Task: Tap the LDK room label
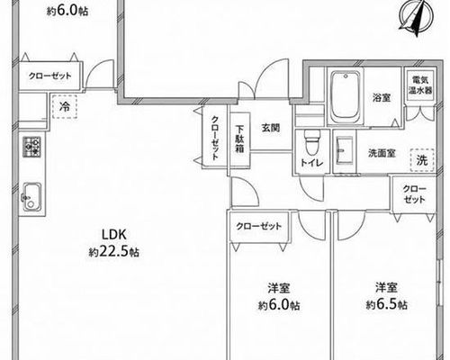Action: click(115, 235)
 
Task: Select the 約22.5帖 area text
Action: click(114, 252)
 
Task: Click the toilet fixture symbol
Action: click(311, 142)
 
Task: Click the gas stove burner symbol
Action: click(31, 147)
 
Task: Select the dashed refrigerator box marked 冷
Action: click(65, 107)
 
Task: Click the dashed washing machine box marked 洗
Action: click(422, 160)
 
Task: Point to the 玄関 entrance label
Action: click(271, 128)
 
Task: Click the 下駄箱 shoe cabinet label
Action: click(239, 139)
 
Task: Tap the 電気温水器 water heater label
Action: click(420, 85)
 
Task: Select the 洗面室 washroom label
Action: click(382, 153)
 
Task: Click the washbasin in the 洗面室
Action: click(344, 150)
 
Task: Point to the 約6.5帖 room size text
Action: click(387, 305)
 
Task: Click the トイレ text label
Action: click(312, 163)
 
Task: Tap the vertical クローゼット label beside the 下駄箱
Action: click(215, 138)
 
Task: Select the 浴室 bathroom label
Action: click(382, 98)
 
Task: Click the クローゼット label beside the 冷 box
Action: click(50, 76)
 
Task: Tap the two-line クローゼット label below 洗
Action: click(414, 194)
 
